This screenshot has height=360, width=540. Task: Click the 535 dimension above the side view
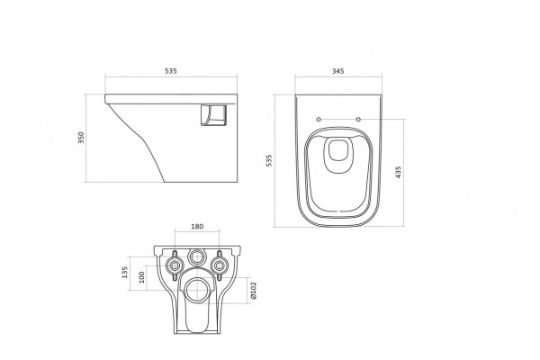pos(170,71)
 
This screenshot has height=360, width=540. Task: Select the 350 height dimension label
pos(81,138)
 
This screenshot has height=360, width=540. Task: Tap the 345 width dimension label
pos(337,71)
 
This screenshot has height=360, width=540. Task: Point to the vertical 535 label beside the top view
pos(269,160)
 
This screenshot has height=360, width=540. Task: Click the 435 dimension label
pos(399,172)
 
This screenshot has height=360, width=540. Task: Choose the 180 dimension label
pos(197,226)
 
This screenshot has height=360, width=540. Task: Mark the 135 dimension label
pos(125,272)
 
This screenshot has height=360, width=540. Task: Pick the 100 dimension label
pos(141,277)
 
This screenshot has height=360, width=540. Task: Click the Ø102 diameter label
pos(254,290)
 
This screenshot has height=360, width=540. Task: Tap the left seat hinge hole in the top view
pos(319,119)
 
